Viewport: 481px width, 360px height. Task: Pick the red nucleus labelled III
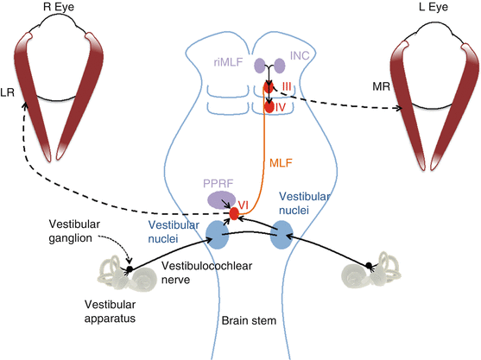click(270, 86)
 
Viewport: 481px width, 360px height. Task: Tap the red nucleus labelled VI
click(232, 213)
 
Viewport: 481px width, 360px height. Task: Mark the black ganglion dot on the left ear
click(129, 268)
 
